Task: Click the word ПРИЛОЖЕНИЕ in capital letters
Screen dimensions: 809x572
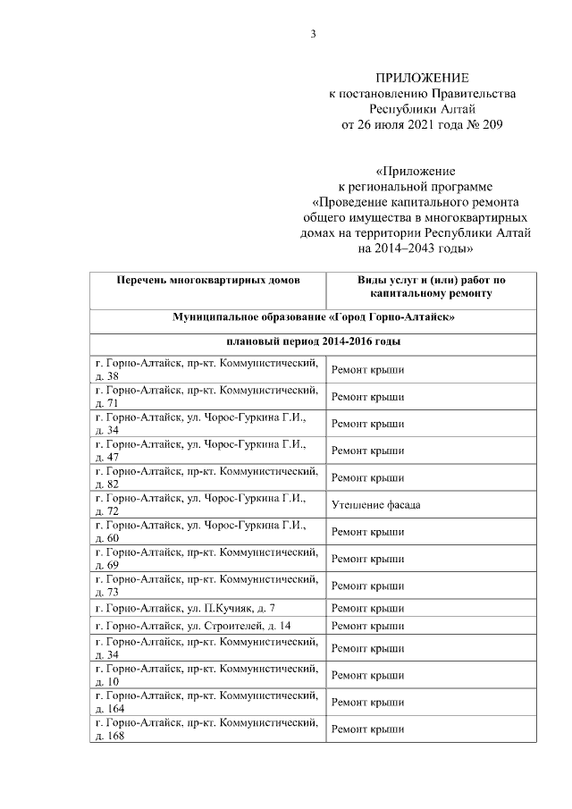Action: pyautogui.click(x=422, y=79)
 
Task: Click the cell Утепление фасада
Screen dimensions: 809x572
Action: pyautogui.click(x=375, y=505)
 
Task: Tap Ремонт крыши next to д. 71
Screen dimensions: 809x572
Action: pyautogui.click(x=367, y=396)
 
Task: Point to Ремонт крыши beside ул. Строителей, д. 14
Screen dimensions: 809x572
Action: pyautogui.click(x=367, y=625)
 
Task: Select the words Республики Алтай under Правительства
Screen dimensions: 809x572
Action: pyautogui.click(x=422, y=109)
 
